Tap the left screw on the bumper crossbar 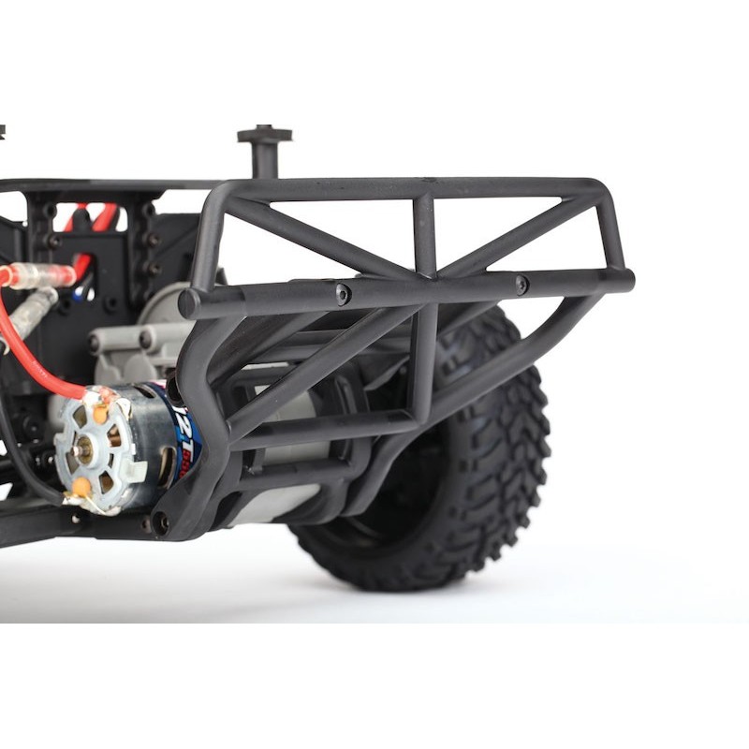343,294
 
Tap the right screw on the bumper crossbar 521,284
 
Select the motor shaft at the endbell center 84,447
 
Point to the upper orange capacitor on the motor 99,411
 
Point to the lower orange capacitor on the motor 81,487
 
